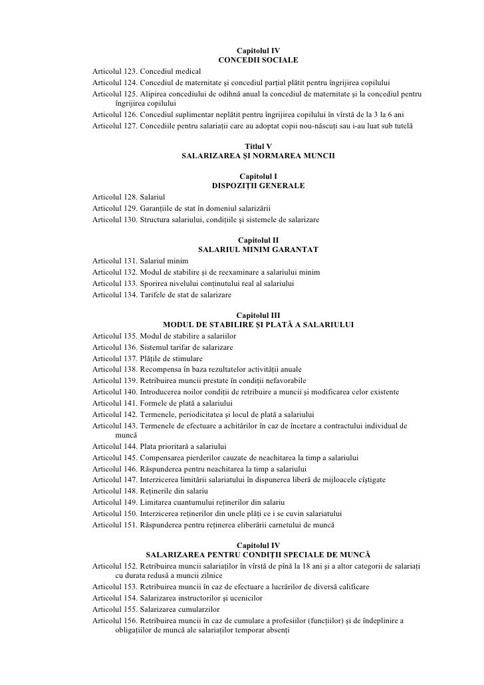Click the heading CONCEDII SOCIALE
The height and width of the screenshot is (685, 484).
click(x=258, y=61)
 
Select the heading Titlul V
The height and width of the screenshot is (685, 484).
click(x=258, y=146)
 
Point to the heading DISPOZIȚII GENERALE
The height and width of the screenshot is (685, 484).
click(x=258, y=186)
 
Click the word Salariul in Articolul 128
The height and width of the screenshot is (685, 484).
click(x=152, y=197)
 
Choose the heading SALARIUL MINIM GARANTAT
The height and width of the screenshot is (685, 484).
click(x=258, y=249)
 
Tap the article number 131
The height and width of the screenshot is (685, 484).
click(x=131, y=261)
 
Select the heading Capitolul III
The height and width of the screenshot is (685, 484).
click(x=258, y=315)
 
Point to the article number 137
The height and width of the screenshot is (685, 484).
click(x=131, y=358)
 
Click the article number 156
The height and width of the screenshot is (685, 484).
click(x=131, y=618)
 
